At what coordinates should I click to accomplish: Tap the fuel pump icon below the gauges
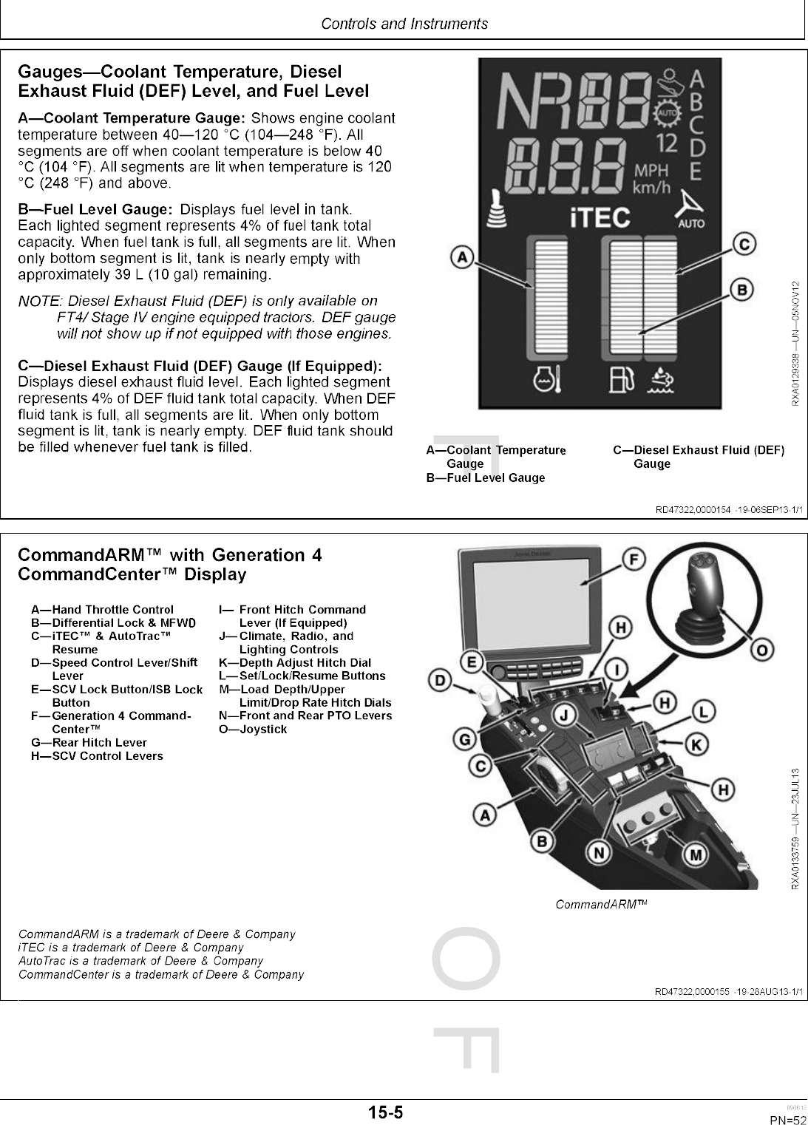coord(620,380)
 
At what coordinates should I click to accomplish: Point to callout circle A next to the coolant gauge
coord(463,258)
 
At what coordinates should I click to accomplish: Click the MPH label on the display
coord(651,171)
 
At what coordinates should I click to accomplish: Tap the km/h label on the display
coord(651,188)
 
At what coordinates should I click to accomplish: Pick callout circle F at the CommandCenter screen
coord(631,560)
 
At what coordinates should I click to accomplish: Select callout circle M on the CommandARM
coord(696,854)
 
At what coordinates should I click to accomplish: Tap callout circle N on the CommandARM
coord(600,853)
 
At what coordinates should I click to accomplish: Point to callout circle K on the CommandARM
coord(695,744)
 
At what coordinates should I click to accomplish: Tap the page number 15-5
coord(386,1112)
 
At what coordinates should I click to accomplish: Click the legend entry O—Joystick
coord(253,729)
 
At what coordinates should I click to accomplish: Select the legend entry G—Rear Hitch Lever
coord(89,742)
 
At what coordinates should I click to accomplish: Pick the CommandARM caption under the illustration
coord(601,904)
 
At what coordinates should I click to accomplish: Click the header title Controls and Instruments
coord(404,24)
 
